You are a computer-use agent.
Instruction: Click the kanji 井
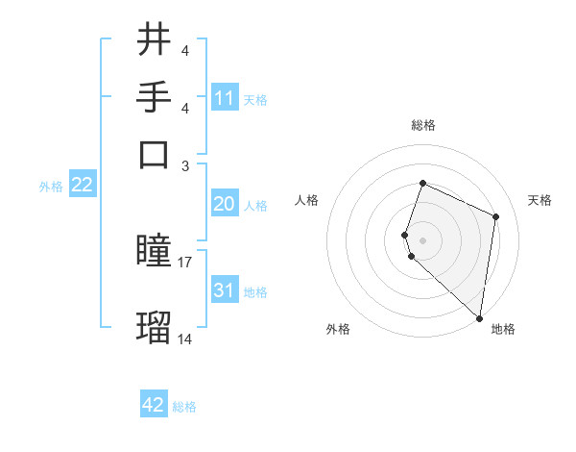154,40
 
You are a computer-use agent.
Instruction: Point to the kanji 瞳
154,252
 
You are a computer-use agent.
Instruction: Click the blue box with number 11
225,98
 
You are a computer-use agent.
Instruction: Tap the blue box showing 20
225,204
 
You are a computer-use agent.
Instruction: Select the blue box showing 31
225,290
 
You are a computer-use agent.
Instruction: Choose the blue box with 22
82,186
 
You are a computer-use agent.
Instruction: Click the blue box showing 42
154,405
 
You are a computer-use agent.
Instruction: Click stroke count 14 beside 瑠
185,339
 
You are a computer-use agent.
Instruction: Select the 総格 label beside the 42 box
184,407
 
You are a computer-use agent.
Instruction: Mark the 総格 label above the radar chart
422,125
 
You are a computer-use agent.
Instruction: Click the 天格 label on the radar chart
540,200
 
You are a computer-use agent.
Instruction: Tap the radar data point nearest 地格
480,318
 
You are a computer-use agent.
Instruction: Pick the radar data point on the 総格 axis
422,184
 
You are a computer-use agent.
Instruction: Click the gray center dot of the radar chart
422,239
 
